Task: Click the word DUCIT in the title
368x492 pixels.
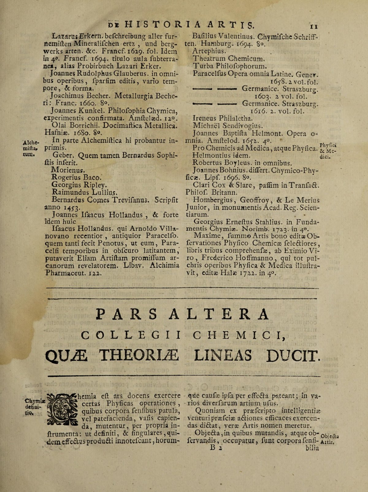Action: (x=294, y=357)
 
